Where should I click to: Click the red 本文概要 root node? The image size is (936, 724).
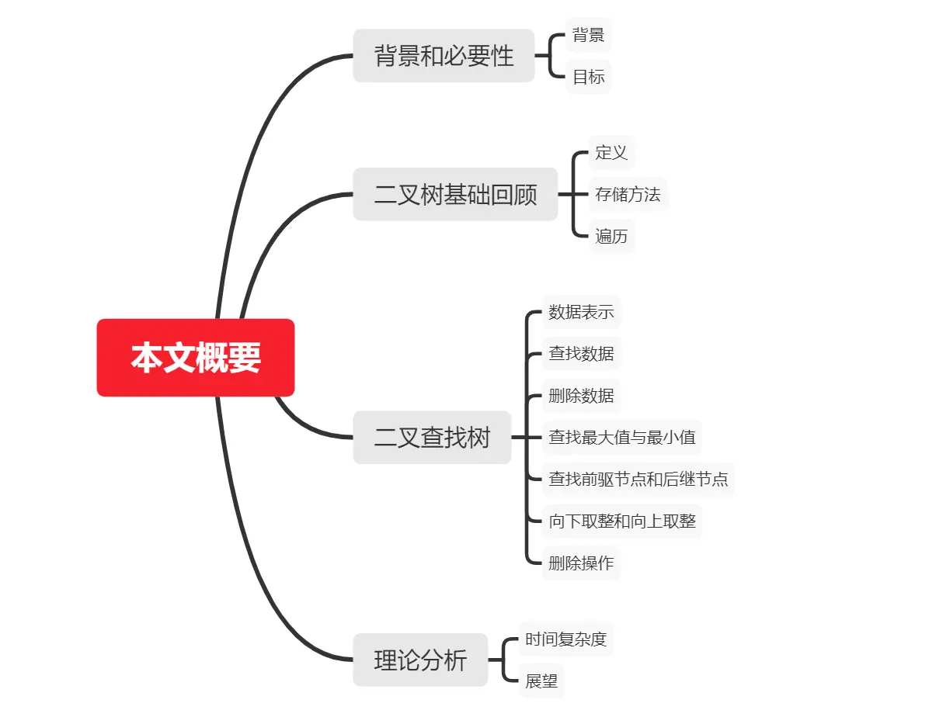point(196,358)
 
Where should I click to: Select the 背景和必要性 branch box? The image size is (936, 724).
point(444,56)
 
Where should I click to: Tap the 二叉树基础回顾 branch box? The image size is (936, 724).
point(455,194)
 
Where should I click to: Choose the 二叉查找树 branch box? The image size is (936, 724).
point(432,438)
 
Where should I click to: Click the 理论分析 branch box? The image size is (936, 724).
point(420,660)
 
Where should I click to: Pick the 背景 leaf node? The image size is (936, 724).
point(588,35)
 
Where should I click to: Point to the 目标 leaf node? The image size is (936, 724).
point(588,77)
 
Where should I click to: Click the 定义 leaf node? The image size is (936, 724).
point(611,152)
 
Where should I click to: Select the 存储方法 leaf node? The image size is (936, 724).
point(627,194)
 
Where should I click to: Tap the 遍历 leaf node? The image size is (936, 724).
point(611,236)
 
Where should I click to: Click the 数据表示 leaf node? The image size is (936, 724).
point(581,312)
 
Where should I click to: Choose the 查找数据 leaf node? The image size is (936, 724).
point(581,354)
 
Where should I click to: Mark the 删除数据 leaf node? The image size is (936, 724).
point(581,396)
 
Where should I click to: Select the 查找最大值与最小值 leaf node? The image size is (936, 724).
point(621,438)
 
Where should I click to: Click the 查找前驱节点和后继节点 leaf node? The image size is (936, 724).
point(638,479)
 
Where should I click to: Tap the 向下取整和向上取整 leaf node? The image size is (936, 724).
point(621,521)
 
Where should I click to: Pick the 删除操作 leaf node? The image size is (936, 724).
point(581,563)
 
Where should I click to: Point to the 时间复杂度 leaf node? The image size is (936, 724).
point(565,640)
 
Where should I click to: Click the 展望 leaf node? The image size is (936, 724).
point(541,681)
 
